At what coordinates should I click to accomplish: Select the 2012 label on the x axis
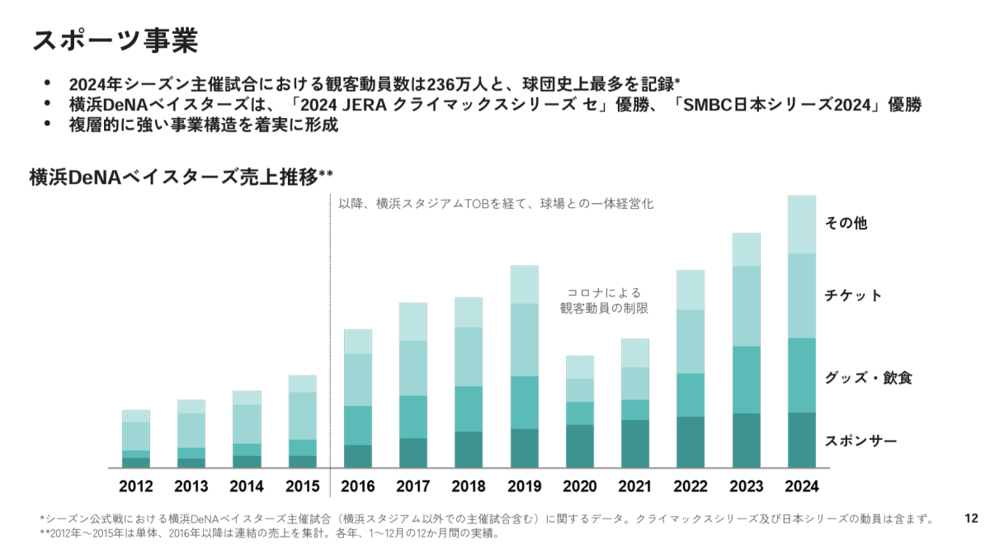pos(135,486)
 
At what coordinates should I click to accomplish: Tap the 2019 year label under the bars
pos(524,486)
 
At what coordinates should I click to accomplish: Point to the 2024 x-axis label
pos(801,486)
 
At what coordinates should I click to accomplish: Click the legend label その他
pos(846,223)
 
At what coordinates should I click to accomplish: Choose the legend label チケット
pos(853,296)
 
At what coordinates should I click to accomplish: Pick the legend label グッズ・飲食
pos(868,378)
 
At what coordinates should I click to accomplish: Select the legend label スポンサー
pos(860,441)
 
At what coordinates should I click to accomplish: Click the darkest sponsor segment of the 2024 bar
pos(801,440)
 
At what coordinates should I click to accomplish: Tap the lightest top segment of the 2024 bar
pos(801,225)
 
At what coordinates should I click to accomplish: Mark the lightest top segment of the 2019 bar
pos(524,285)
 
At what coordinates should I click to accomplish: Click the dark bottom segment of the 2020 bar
pos(579,447)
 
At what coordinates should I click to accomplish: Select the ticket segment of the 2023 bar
pos(746,306)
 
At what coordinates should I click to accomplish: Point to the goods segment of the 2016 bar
pos(357,425)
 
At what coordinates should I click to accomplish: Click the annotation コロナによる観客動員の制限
pos(603,300)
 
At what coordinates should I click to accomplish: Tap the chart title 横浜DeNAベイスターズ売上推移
pos(180,176)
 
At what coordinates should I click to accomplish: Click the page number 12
pos(971,518)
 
